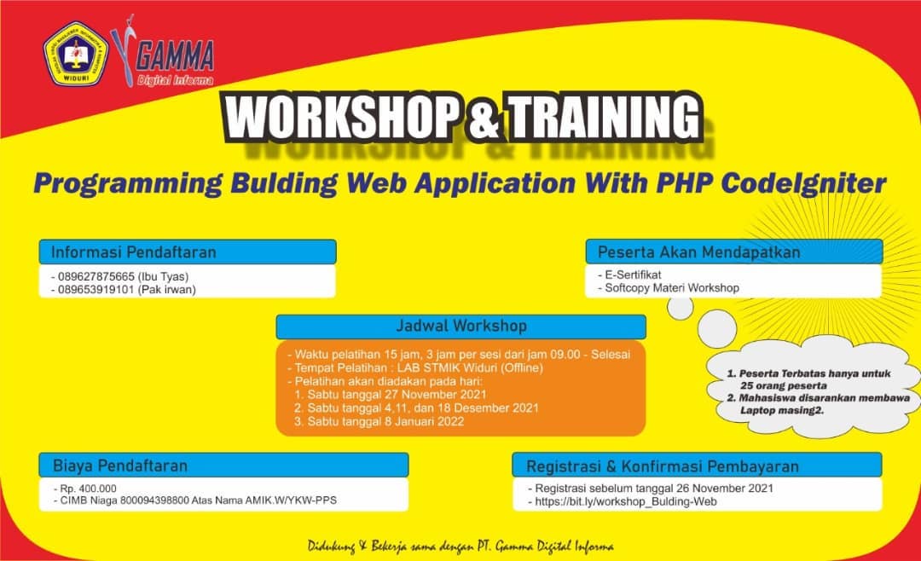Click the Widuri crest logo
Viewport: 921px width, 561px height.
[x=76, y=54]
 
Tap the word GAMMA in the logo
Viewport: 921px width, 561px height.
[x=175, y=58]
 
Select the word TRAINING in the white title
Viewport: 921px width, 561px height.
[x=605, y=118]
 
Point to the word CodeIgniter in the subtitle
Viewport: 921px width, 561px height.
[x=803, y=183]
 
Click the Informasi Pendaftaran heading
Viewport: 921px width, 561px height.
[x=134, y=252]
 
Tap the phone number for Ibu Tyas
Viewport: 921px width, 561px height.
[x=96, y=277]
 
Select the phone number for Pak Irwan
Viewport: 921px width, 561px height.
[x=96, y=290]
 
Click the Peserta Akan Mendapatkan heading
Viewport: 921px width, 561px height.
[x=699, y=252]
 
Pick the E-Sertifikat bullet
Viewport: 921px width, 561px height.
[x=629, y=275]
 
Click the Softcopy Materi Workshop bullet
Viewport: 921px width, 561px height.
[x=669, y=288]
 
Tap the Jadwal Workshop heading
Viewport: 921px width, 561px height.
[x=461, y=326]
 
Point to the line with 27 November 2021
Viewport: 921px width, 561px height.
[x=390, y=394]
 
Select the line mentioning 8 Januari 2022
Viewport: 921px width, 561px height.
[x=379, y=421]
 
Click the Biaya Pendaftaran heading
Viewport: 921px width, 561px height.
[x=120, y=466]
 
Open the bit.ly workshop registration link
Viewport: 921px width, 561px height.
[x=626, y=501]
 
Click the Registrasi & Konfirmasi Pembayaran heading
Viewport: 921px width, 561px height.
[x=662, y=466]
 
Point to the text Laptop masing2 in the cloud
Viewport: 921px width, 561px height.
[x=782, y=410]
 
